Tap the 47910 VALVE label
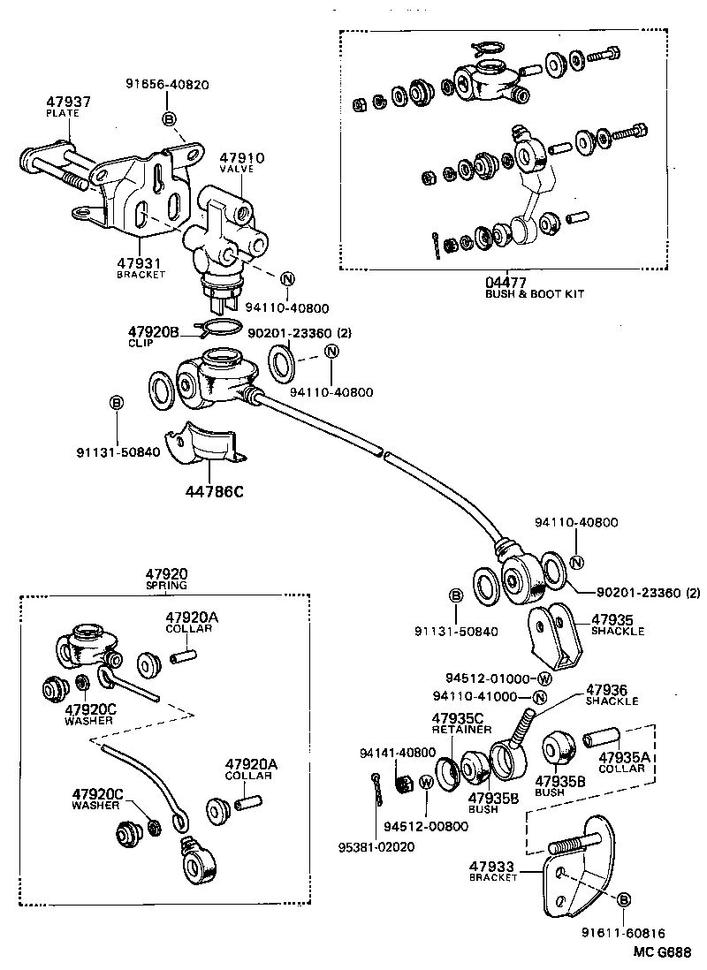click(x=242, y=163)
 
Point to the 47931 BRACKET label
click(x=141, y=267)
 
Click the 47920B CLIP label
click(x=155, y=336)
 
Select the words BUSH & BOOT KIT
click(x=535, y=293)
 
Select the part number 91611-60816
click(x=623, y=933)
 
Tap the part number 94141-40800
click(x=398, y=752)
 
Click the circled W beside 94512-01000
click(x=544, y=679)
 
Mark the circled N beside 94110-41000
click(x=540, y=697)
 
